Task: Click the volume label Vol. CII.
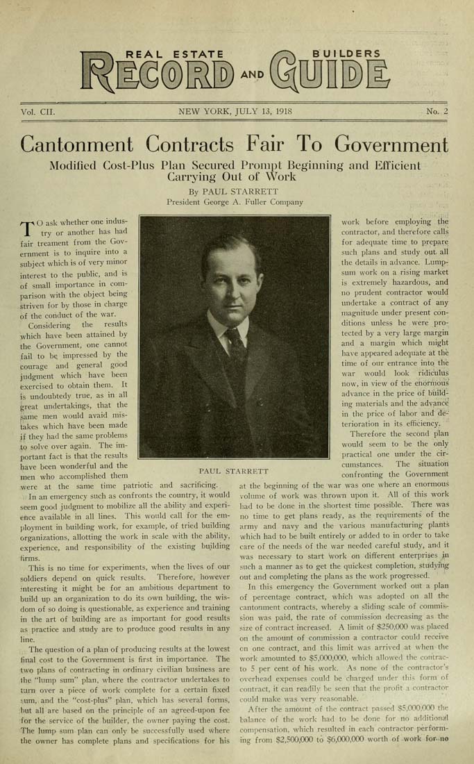click(37, 111)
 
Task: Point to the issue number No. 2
click(437, 111)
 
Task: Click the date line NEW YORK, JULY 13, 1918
click(235, 111)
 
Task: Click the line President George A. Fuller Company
click(235, 202)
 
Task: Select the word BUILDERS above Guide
click(346, 53)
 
